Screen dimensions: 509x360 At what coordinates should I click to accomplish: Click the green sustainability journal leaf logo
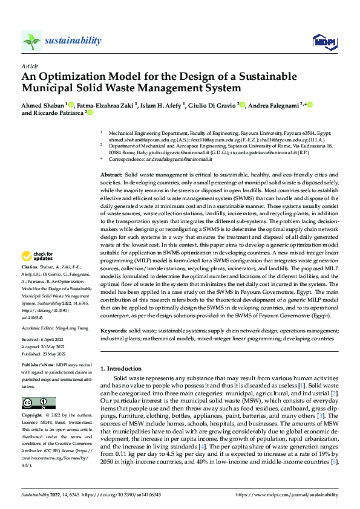pos(31,40)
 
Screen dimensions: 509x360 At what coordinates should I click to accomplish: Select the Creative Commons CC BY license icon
pos(38,403)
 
